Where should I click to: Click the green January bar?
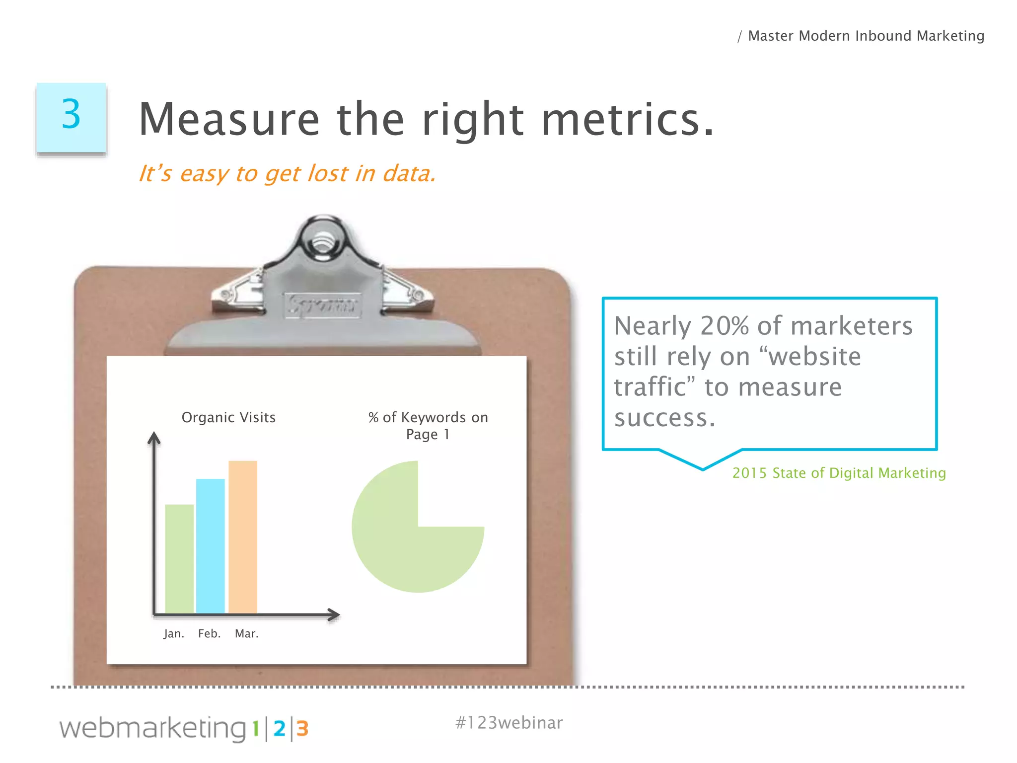tap(179, 559)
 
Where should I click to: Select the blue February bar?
tap(211, 546)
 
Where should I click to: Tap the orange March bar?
tap(243, 537)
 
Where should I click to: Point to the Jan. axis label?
tap(174, 634)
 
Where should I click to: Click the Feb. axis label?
tap(209, 634)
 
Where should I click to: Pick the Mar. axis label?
tap(247, 634)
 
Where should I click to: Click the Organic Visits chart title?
tap(228, 417)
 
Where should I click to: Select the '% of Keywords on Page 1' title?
tap(428, 426)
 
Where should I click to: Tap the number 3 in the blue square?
tap(71, 114)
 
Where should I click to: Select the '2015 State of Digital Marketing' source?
tap(839, 473)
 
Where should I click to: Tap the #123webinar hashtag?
tap(509, 723)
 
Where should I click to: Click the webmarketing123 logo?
tap(184, 729)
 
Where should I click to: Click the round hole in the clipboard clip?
tap(323, 242)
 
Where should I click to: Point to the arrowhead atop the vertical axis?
tap(154, 438)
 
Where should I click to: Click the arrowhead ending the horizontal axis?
tap(334, 615)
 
